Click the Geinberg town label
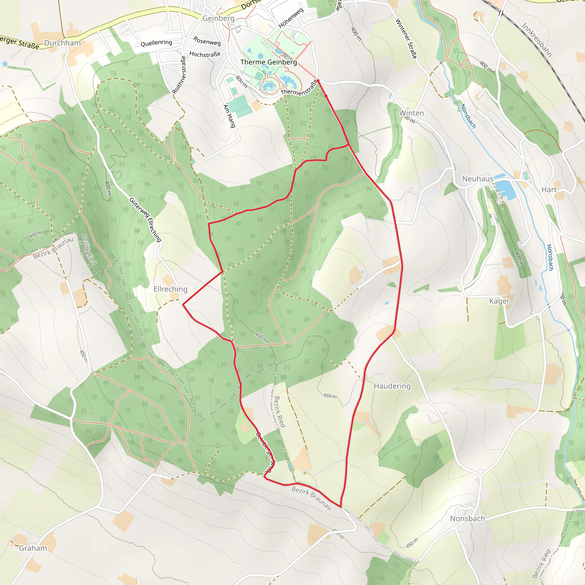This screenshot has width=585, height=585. [x=218, y=19]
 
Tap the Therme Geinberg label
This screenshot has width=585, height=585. [x=269, y=62]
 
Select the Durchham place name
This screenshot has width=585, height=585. [x=62, y=43]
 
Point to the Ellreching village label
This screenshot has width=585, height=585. [x=170, y=289]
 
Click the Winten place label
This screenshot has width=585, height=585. [x=411, y=113]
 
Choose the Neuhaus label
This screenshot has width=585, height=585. [x=478, y=179]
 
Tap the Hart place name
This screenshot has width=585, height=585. [x=549, y=190]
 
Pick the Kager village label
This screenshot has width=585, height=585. [x=499, y=301]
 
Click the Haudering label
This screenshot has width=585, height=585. [x=392, y=386]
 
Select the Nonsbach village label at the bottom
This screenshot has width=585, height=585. [x=467, y=519]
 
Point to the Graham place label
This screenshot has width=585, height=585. [x=33, y=548]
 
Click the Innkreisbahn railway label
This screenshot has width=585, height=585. [x=537, y=40]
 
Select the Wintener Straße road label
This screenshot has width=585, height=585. [x=406, y=39]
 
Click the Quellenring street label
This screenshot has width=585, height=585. [x=156, y=43]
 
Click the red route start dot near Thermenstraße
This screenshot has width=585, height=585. [x=318, y=81]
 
